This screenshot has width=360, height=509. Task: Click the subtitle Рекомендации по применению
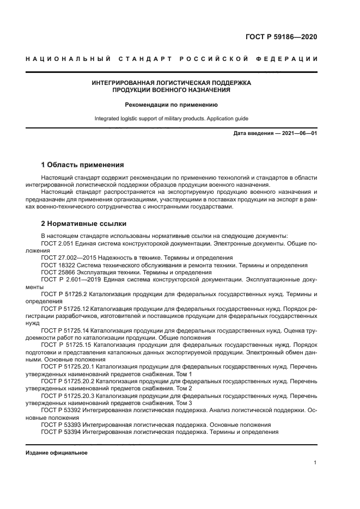click(171, 103)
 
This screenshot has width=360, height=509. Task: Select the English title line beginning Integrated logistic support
click(171, 118)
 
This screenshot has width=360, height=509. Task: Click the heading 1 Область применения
click(83, 164)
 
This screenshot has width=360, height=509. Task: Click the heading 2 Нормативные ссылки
click(84, 223)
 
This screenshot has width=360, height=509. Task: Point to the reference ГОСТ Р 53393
click(61, 425)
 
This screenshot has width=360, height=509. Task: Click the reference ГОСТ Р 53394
click(61, 432)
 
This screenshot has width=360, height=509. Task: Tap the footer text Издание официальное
click(56, 453)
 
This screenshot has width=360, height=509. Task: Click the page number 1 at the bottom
click(315, 463)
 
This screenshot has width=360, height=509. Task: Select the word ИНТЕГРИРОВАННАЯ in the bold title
click(126, 83)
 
